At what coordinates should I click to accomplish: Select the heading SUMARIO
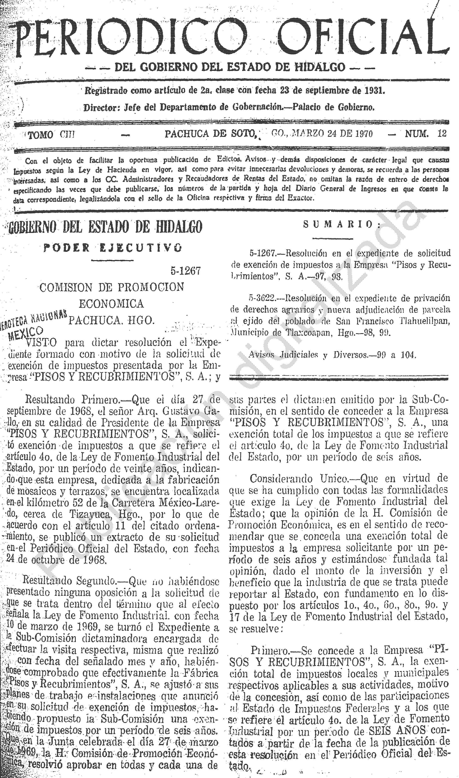(x=342, y=224)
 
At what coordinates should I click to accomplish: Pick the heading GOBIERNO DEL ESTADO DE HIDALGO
(x=105, y=227)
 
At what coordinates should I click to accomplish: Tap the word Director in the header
(x=98, y=107)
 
